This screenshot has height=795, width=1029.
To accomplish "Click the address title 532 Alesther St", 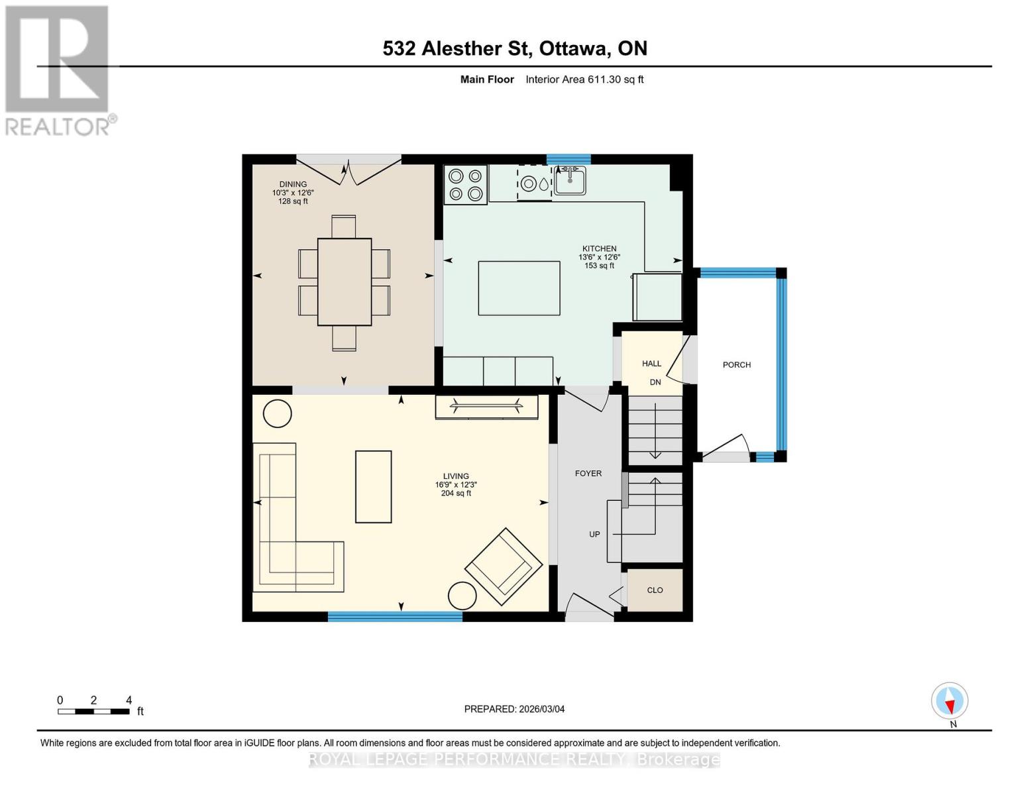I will coord(515,48).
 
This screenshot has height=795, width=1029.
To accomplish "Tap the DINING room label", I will coord(293,184).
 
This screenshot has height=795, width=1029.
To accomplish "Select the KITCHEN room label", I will coord(599,248).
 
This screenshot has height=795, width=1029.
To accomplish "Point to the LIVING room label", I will coord(456,476).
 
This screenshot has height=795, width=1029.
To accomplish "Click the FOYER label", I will coord(588,473).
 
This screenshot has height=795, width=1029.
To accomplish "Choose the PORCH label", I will coord(737,364).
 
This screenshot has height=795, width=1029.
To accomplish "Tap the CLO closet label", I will coord(655,590).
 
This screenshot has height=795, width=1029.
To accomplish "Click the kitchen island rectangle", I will coord(519,288).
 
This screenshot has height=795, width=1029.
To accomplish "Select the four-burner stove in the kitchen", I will coord(465,184).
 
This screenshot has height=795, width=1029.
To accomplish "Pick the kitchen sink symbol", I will coord(569,180).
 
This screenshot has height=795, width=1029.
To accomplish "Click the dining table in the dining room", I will coord(344,282).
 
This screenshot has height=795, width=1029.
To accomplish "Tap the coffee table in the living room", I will coord(374,487).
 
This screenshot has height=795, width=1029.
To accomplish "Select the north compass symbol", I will coord(949,701).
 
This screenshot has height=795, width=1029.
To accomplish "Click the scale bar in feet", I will coord(93,712).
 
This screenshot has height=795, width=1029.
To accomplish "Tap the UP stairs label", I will coord(594,534).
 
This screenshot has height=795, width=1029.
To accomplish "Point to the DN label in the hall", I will coord(655,382).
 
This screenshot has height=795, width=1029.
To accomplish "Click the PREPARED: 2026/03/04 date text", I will coord(514,709).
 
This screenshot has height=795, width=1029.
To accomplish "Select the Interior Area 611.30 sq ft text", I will coord(584,79).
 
